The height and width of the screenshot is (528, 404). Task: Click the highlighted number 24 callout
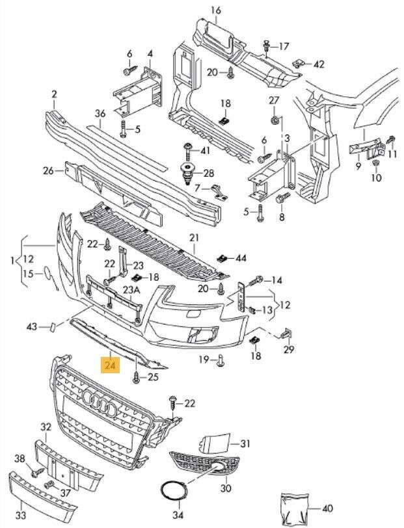point(110,366)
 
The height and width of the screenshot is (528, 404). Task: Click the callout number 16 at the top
point(215,10)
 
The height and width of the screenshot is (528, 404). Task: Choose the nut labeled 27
point(275,120)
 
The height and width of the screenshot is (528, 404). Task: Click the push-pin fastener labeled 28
point(187,173)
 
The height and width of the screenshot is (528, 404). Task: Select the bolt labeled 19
point(221,359)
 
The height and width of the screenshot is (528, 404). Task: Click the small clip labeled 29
point(286,334)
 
